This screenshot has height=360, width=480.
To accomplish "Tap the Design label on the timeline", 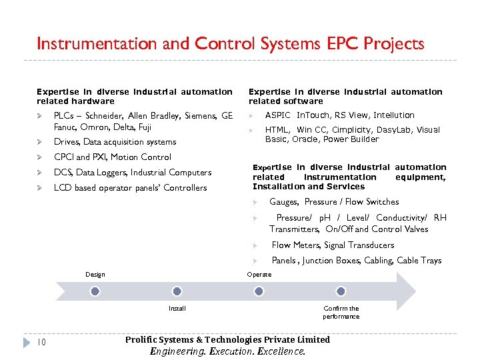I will click(x=95, y=275).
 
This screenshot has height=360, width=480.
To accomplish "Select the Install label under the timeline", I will click(x=177, y=309).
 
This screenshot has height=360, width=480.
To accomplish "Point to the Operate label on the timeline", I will click(x=259, y=275).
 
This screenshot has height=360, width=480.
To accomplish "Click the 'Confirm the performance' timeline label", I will click(x=341, y=312).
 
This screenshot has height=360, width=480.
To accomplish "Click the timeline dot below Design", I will click(x=95, y=291).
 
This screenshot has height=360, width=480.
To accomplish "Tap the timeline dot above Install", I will click(x=177, y=291).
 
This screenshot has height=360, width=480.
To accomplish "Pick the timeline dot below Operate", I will click(x=259, y=291).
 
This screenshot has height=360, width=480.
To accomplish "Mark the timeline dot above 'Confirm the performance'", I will click(x=341, y=291).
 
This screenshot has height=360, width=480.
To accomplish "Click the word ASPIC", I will click(x=278, y=115).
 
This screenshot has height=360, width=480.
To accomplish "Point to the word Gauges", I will click(x=284, y=202).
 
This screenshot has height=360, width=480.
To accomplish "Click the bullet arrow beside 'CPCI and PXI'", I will click(x=40, y=157).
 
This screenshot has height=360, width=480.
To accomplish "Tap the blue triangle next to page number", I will click(x=27, y=342).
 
